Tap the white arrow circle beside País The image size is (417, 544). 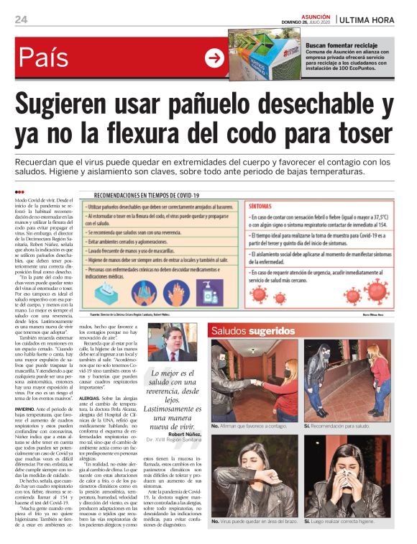point(214,58)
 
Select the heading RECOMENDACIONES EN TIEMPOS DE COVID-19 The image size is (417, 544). point(156,195)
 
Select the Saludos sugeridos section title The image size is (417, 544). point(252,331)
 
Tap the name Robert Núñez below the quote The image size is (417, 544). point(188,435)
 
